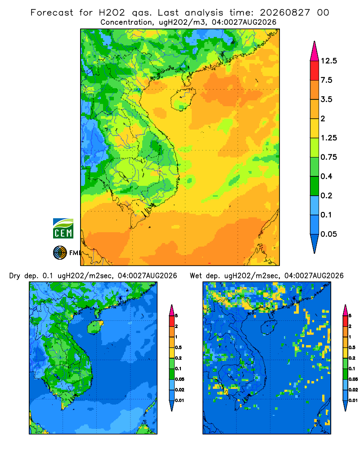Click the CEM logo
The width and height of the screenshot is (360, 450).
click(x=63, y=228)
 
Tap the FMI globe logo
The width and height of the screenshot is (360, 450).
click(x=60, y=252)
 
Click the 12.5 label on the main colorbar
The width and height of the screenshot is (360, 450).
click(x=328, y=61)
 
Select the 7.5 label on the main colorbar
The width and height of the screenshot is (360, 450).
click(x=326, y=80)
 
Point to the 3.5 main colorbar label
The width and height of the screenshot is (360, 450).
click(x=326, y=99)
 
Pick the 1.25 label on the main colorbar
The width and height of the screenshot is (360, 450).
click(x=328, y=138)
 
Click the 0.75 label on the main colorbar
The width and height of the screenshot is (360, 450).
click(x=328, y=157)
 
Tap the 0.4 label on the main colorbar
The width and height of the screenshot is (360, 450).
click(x=326, y=176)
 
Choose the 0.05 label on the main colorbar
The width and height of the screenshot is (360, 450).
click(x=328, y=234)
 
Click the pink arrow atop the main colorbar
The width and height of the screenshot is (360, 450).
click(x=315, y=52)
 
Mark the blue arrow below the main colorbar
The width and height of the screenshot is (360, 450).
click(x=315, y=243)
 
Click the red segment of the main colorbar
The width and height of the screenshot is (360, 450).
click(x=315, y=71)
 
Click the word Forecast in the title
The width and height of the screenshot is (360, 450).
click(x=52, y=13)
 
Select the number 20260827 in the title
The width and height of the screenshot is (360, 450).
click(x=285, y=13)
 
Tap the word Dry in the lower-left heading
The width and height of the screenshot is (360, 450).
click(x=15, y=276)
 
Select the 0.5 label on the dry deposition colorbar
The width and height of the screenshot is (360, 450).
click(x=178, y=347)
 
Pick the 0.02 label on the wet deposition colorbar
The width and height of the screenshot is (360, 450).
click(x=353, y=390)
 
